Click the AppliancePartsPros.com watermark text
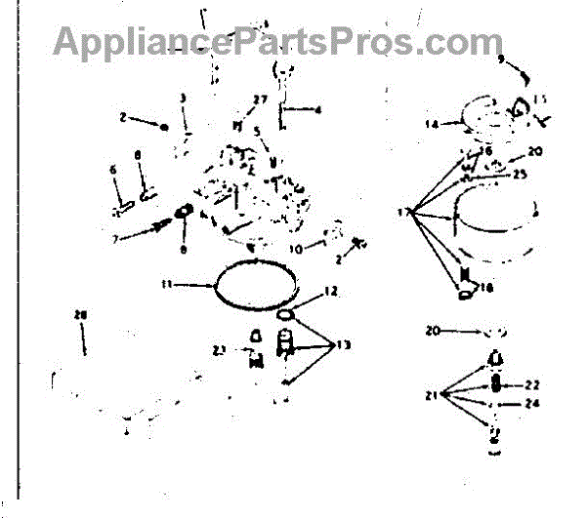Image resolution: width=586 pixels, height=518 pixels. (277, 42)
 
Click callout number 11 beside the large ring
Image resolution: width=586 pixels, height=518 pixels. (167, 284)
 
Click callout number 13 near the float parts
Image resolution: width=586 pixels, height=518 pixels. (343, 344)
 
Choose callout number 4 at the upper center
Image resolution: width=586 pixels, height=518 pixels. (317, 110)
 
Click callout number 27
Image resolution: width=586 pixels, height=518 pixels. (260, 99)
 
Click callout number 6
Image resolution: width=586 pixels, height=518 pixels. (113, 169)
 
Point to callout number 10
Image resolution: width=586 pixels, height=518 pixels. (293, 248)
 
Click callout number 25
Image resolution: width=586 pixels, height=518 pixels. (520, 174)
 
